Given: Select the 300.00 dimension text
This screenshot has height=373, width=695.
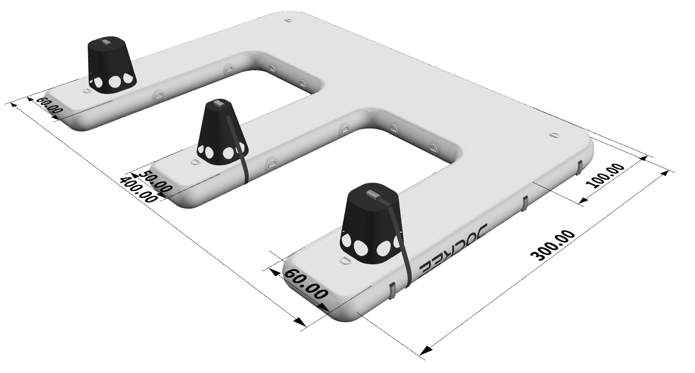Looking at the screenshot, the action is [552, 245].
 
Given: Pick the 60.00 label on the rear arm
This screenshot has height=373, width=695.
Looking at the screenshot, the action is [50, 105].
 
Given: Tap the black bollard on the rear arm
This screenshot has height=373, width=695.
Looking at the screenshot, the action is [112, 65].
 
